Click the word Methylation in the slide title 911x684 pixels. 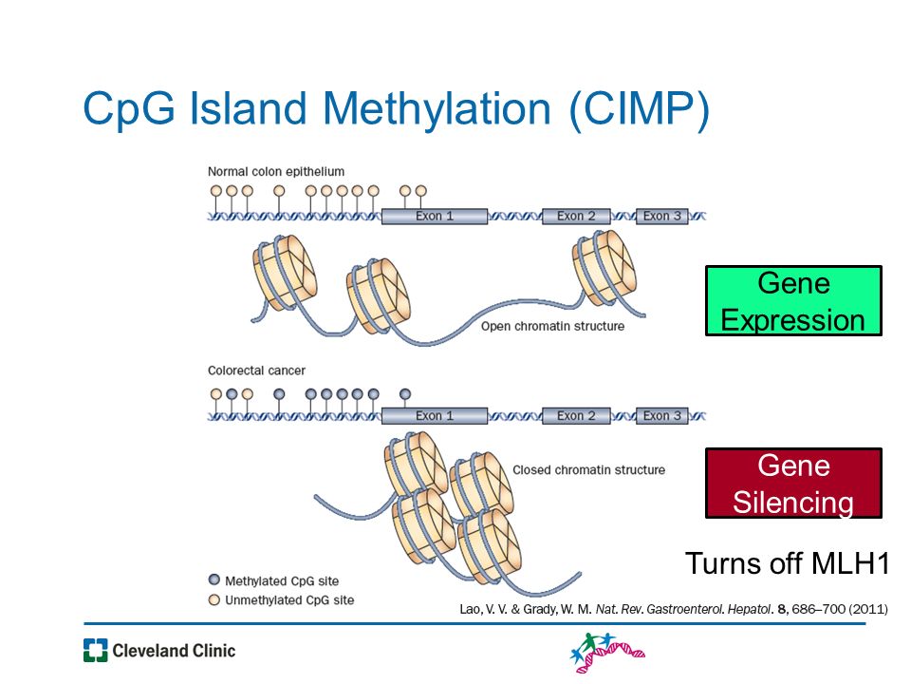tap(436, 109)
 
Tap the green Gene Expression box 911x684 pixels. tap(793, 301)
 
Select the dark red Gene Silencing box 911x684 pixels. tap(793, 483)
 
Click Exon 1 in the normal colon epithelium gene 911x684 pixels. tap(434, 217)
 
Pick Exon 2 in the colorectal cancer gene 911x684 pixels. tap(576, 416)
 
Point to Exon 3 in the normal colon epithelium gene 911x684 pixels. tap(661, 217)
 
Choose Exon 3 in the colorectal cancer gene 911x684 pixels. tap(661, 416)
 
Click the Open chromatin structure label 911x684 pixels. tap(552, 326)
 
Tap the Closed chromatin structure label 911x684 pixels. tap(588, 470)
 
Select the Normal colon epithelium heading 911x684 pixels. tap(276, 172)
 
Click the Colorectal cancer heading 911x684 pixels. tap(256, 370)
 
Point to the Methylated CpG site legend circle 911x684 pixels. tap(214, 579)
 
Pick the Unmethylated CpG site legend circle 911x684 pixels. tap(214, 599)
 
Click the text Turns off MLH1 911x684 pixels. tap(788, 563)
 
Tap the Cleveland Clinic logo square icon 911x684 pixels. tap(95, 650)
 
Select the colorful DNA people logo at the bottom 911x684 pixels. tap(607, 652)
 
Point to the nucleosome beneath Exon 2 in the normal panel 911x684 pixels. tap(604, 267)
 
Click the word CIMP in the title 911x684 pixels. tap(639, 109)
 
